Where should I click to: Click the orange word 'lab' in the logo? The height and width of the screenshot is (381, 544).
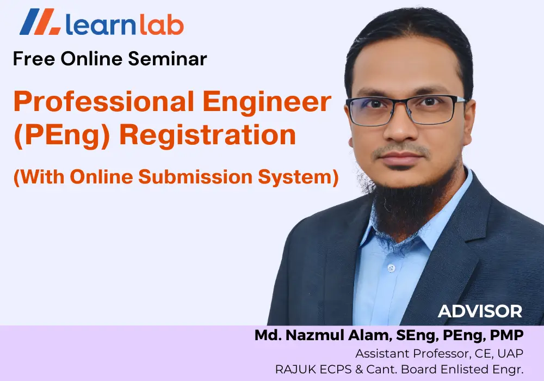(x=162, y=24)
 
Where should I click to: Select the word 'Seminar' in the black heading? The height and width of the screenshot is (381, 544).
(x=168, y=59)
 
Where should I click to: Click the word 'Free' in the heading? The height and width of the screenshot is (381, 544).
(x=34, y=59)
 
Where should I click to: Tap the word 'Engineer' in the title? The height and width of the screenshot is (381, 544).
(x=267, y=102)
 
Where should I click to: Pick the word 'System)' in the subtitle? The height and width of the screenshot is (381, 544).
(x=298, y=177)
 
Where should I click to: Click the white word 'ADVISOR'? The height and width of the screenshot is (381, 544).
(x=480, y=311)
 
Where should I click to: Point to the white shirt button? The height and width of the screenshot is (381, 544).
(x=391, y=268)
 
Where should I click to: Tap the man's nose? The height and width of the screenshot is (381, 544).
(x=401, y=127)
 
